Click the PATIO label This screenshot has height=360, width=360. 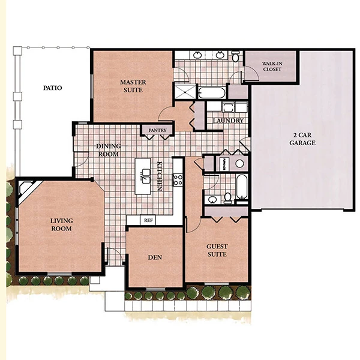(53, 88)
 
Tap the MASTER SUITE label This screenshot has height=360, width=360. (133, 86)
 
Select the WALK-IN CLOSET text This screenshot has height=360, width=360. (272, 67)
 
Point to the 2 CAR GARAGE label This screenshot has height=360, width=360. (302, 139)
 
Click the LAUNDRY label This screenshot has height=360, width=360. (228, 121)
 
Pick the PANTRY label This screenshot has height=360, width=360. (157, 130)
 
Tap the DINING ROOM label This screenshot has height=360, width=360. (109, 150)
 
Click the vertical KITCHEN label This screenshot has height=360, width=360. (160, 176)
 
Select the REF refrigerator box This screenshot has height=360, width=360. (148, 220)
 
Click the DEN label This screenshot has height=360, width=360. (155, 257)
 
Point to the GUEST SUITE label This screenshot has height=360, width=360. (217, 250)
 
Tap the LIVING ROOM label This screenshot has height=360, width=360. (62, 224)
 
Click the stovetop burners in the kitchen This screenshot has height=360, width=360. (178, 180)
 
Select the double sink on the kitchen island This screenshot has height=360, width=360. (146, 176)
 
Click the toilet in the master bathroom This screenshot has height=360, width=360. (235, 56)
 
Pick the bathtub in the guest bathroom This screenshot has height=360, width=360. (242, 187)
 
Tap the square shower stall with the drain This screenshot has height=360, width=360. (185, 92)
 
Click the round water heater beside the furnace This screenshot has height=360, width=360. (239, 163)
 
